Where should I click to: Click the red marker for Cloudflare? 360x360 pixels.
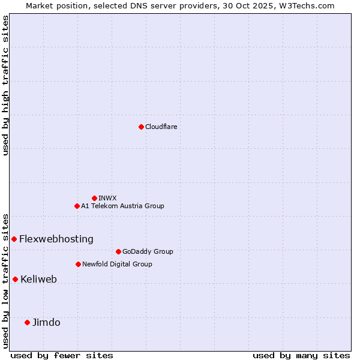(141, 127)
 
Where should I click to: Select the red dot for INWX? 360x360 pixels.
(94, 198)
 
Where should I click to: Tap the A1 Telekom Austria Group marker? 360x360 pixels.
(77, 206)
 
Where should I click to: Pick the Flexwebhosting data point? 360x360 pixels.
(14, 239)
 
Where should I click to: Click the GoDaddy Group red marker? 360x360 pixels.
(118, 251)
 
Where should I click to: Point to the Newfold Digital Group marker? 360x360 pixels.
(78, 264)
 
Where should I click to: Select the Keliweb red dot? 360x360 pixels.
(15, 279)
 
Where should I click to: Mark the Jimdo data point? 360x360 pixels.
(27, 322)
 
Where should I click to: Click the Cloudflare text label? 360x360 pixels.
(161, 127)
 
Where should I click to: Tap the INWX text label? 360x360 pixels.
(107, 198)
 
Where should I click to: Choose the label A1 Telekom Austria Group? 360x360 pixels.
(122, 206)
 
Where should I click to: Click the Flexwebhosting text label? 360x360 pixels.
(56, 239)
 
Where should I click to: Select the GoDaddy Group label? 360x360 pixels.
(148, 251)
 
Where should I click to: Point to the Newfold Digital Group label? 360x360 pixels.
(117, 264)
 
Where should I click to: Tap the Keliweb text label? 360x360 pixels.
(38, 279)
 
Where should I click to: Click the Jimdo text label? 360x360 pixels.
(46, 322)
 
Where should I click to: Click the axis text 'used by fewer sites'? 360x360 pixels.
(62, 355)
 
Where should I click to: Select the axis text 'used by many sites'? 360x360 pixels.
(301, 355)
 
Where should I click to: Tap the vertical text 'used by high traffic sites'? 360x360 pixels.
(5, 85)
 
